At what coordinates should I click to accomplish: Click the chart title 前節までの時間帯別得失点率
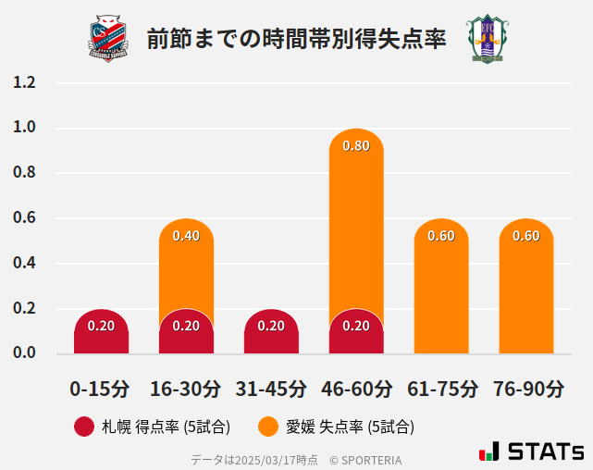296,39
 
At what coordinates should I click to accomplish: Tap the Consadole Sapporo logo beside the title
110,39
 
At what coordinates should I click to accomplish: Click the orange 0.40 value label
186,236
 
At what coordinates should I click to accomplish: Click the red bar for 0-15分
101,333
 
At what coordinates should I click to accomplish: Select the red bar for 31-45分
271,333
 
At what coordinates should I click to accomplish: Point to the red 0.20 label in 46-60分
356,326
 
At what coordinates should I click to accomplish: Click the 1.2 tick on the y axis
24,82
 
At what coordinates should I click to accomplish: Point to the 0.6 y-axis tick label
24,217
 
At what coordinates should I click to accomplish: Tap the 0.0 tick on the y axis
24,352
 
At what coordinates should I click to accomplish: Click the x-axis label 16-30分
186,389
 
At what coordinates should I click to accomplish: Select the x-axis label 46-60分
356,389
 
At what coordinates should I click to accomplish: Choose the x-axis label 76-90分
527,389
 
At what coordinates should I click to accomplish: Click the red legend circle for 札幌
84,427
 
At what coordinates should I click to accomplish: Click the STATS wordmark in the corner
546,452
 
